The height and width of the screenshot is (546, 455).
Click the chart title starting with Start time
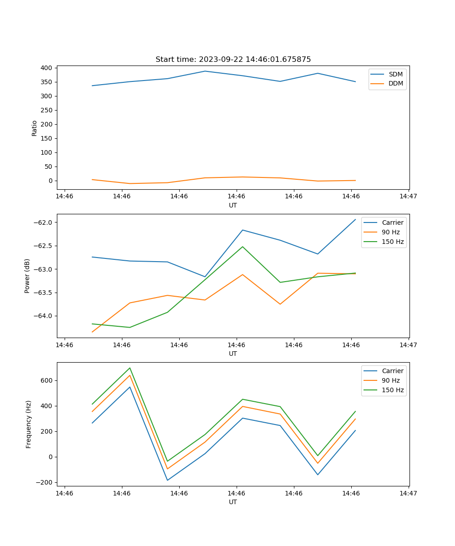click(233, 60)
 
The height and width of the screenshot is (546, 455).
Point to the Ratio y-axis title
click(35, 128)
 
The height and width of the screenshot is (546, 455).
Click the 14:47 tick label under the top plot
click(408, 197)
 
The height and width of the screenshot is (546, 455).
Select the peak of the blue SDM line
click(205, 71)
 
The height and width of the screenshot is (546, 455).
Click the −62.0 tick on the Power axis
click(44, 222)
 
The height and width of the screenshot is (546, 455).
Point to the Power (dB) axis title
click(27, 276)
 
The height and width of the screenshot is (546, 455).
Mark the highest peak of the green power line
click(243, 247)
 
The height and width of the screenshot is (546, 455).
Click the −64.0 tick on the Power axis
click(44, 316)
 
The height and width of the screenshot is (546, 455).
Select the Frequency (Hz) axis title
click(29, 424)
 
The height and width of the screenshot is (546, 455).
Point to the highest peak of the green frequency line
click(130, 368)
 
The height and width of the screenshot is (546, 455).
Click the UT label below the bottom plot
click(233, 502)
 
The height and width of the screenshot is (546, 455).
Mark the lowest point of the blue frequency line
click(167, 480)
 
